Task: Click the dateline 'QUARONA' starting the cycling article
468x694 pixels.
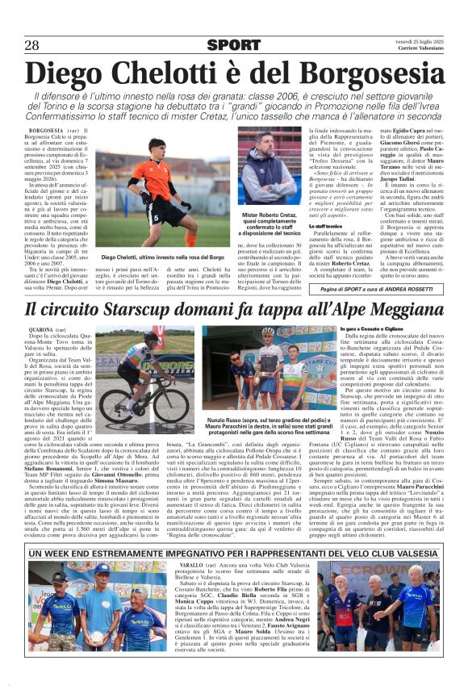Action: (x=41, y=330)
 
